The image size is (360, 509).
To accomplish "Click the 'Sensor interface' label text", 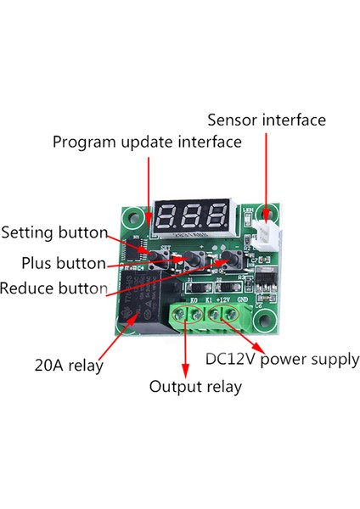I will point(266,120).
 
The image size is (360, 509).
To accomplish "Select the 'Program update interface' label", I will point(147,142).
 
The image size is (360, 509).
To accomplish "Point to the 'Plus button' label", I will point(64,263).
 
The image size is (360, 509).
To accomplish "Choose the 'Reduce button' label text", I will point(53,288).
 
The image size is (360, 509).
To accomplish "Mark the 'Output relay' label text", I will point(195,387).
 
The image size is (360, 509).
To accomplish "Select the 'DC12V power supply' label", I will point(283,359).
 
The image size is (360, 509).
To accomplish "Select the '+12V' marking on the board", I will point(224,299).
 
